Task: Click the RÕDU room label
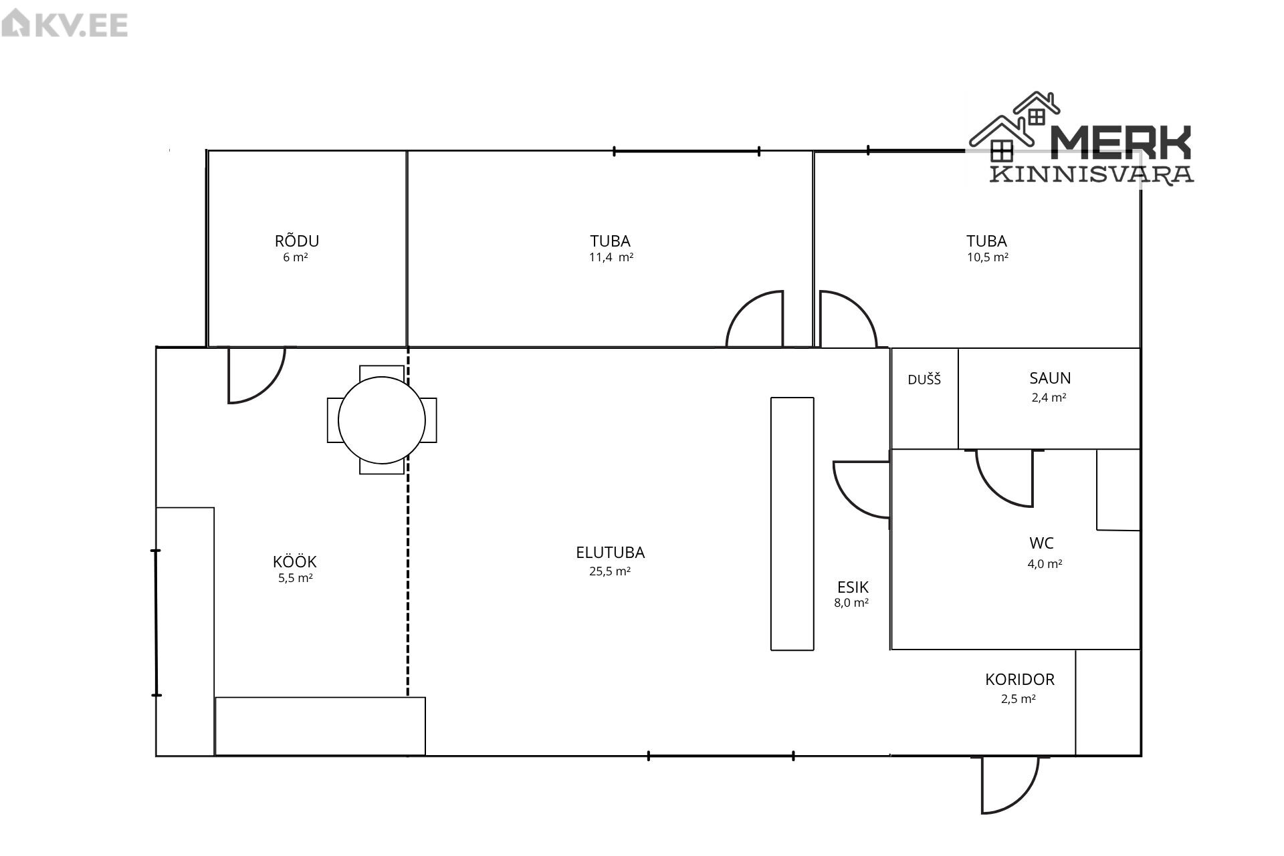tap(297, 241)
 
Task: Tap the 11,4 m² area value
tap(611, 257)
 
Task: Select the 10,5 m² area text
tap(988, 257)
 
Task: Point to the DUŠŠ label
tap(924, 380)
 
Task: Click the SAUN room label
tap(1050, 378)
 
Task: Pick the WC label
tap(1042, 543)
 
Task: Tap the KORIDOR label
tap(1020, 680)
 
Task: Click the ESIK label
tap(853, 587)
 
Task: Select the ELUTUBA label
tap(611, 553)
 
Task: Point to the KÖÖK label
tap(295, 561)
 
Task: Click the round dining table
tap(382, 420)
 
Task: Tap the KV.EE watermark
tap(65, 25)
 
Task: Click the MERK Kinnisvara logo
tap(1081, 139)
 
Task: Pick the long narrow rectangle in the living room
tap(792, 524)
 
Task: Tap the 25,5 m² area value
tap(611, 571)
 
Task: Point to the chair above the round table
tap(382, 372)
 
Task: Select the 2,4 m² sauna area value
tap(1049, 398)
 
